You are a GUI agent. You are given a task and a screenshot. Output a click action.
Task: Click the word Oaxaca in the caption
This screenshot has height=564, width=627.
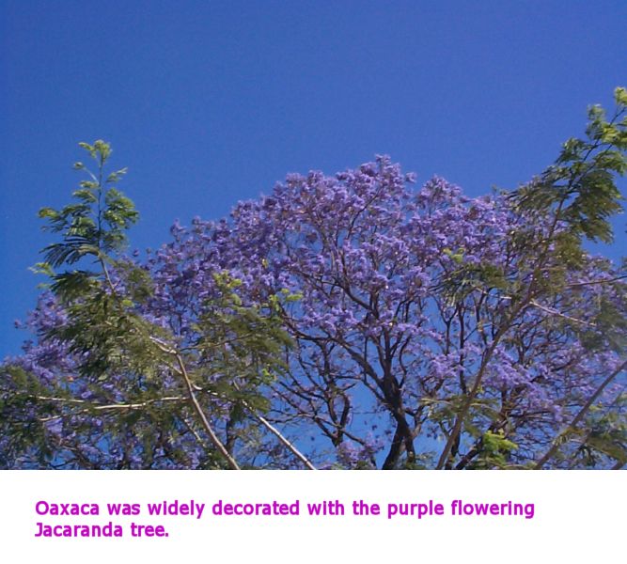click(67, 509)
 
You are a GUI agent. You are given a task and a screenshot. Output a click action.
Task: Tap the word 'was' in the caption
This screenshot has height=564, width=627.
click(123, 509)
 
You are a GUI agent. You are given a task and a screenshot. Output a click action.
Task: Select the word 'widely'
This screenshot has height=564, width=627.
click(176, 509)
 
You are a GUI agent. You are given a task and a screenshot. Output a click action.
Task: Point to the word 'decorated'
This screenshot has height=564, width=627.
click(256, 508)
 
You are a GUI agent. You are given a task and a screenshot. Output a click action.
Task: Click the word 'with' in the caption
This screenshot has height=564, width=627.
click(325, 508)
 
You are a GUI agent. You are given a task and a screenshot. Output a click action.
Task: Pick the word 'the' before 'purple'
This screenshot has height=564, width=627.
click(366, 508)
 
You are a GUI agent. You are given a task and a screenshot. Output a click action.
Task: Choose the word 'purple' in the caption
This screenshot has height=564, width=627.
click(415, 509)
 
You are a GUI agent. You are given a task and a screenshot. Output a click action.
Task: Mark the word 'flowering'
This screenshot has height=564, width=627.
click(493, 509)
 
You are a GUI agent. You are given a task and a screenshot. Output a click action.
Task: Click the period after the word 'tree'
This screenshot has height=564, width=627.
click(166, 536)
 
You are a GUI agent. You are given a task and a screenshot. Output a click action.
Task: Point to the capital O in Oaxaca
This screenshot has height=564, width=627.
click(41, 509)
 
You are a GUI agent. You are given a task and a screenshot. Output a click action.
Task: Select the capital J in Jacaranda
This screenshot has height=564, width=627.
click(39, 529)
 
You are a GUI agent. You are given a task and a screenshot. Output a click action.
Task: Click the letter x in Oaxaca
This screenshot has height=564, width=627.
click(66, 510)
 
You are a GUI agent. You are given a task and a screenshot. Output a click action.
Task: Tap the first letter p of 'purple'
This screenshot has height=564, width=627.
click(393, 511)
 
